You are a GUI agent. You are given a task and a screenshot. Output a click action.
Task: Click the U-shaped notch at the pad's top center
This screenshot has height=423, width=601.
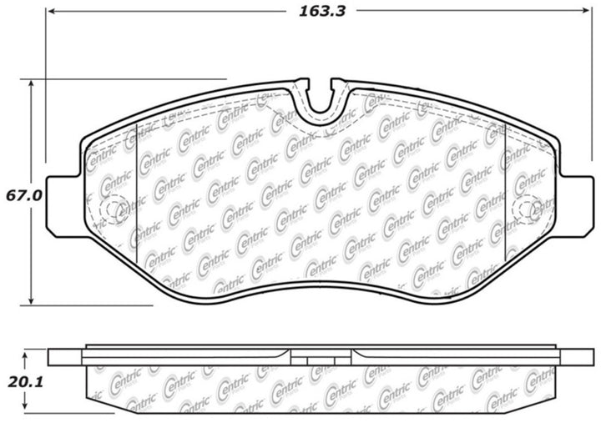[319, 102]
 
